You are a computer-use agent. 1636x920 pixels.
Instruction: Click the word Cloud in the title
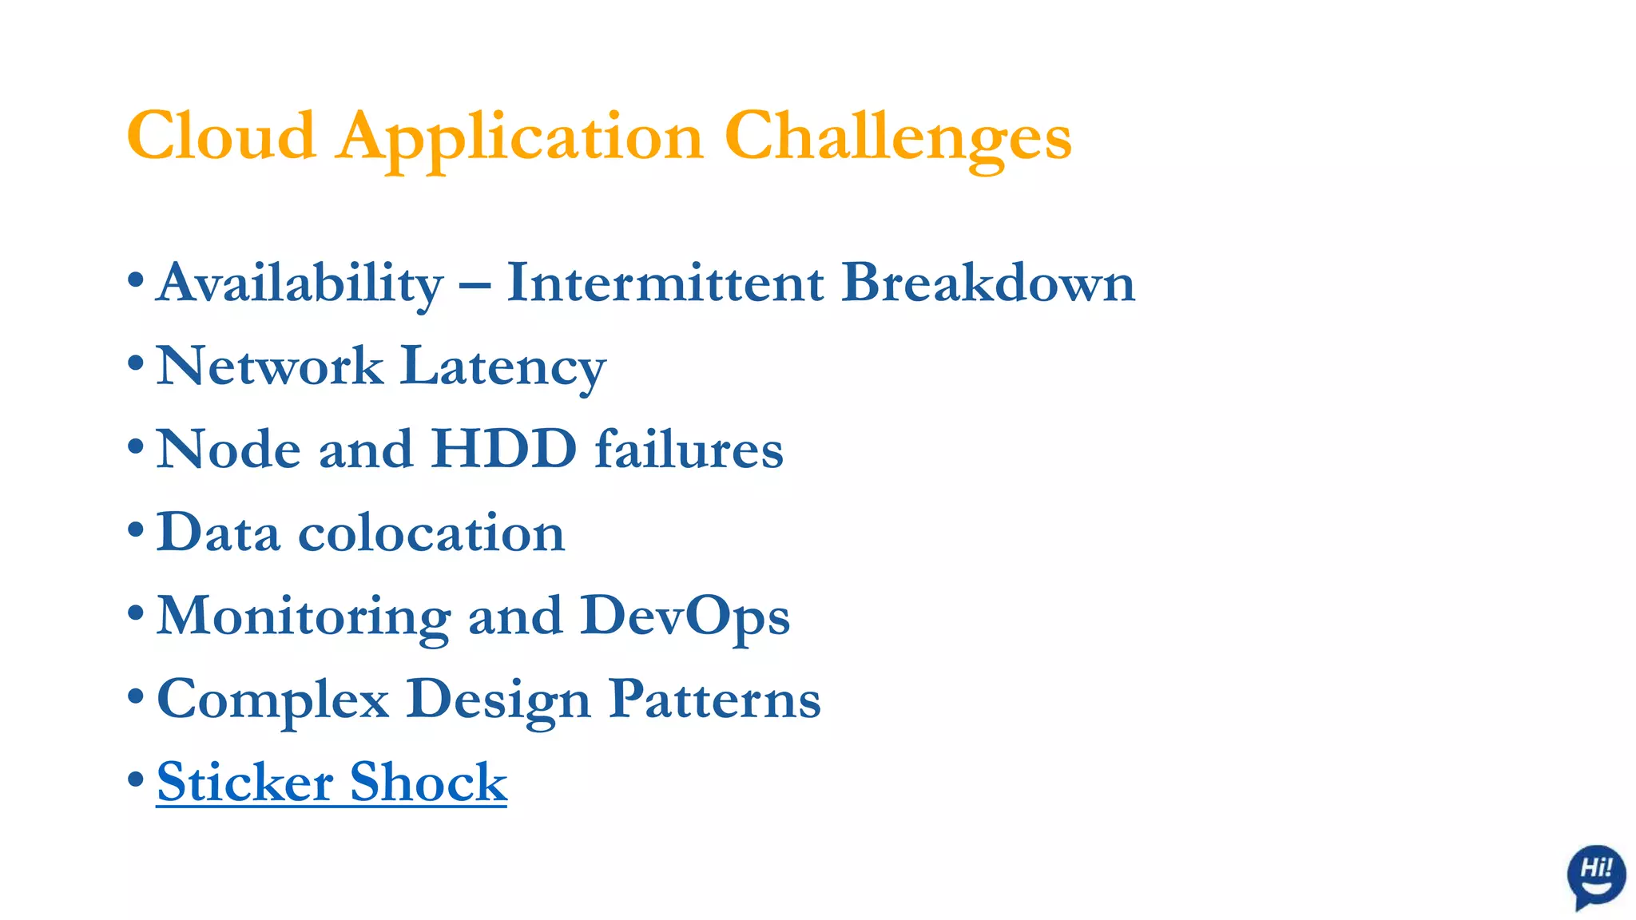click(221, 137)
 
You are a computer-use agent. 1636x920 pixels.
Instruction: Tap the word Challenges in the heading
click(897, 137)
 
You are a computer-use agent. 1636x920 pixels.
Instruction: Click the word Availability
click(300, 283)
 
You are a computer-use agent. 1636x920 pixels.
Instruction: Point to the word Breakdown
click(988, 283)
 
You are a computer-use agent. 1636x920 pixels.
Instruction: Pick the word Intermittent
click(665, 283)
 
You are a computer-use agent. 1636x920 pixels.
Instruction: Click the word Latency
click(503, 367)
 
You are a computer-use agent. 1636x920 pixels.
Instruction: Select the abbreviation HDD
click(504, 449)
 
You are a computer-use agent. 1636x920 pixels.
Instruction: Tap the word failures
click(689, 449)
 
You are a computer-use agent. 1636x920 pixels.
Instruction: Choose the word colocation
click(431, 533)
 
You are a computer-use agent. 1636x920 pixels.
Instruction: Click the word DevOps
click(685, 616)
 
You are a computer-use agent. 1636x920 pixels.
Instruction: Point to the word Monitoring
click(304, 616)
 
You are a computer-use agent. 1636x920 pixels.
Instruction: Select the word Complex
click(273, 699)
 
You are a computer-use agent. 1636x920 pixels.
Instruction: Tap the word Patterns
click(715, 699)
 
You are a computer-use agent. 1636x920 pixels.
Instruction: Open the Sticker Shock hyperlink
click(332, 782)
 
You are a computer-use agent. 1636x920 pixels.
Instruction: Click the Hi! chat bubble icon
click(1595, 874)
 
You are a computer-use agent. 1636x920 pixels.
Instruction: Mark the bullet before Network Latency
click(136, 364)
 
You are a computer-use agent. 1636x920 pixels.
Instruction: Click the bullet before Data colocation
click(136, 530)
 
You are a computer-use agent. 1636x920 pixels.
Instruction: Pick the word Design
click(498, 699)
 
